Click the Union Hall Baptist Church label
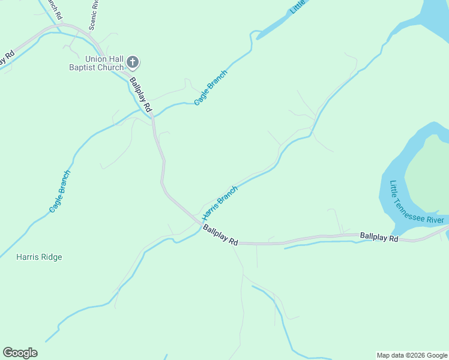point(96,63)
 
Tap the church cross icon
point(133,62)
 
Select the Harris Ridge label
point(39,257)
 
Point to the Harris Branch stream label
point(220,202)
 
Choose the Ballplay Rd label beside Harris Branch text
point(220,235)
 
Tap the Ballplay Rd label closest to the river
point(379,238)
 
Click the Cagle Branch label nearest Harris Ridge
point(60,191)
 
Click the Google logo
point(20,353)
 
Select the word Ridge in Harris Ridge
point(51,257)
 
